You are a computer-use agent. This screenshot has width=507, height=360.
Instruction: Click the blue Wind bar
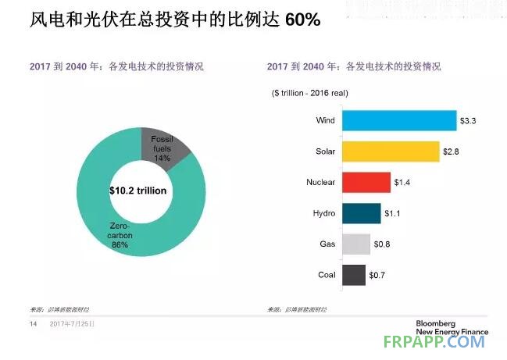coord(398,120)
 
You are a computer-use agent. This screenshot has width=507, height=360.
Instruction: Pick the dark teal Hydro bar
coord(361,213)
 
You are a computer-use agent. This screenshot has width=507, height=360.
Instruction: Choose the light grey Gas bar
coord(355,244)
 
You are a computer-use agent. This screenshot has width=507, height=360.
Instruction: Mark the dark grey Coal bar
coord(353,275)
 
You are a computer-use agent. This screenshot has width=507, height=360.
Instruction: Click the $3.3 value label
coord(469,120)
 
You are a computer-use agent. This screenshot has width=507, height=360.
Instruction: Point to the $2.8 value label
coord(452,151)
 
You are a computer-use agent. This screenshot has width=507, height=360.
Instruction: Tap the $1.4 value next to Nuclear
coord(403,182)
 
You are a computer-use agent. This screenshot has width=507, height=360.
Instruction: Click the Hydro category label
coord(323,213)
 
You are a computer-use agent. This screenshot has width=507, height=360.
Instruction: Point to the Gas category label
coord(327,244)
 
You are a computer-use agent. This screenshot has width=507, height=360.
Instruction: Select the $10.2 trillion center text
coord(138,190)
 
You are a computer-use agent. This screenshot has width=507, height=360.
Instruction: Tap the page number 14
coord(34,323)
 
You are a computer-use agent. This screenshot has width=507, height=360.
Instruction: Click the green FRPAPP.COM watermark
coord(435,342)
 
